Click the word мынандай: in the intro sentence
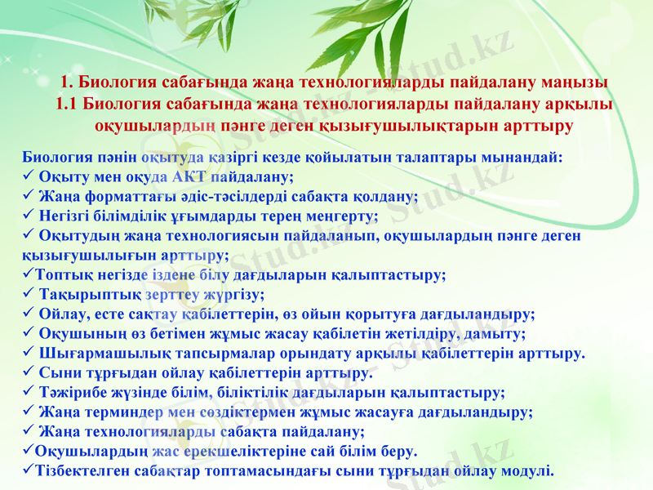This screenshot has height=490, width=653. point(527,158)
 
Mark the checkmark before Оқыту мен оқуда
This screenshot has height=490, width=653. point(29,176)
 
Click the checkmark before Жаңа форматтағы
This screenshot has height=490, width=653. point(29,196)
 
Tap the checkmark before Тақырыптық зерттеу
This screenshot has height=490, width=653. point(29,294)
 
